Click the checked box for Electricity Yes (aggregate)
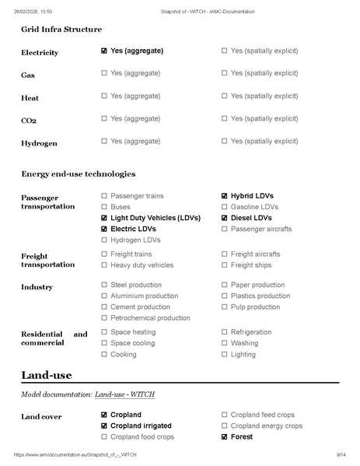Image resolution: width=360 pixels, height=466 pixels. (x=104, y=51)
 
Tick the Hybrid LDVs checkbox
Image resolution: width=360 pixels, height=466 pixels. (x=225, y=196)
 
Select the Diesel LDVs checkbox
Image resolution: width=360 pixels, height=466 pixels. (x=225, y=219)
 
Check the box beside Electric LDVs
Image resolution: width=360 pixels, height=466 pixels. (x=104, y=229)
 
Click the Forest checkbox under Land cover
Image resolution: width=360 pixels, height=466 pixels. (x=225, y=437)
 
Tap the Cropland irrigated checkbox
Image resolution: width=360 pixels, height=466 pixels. (x=104, y=426)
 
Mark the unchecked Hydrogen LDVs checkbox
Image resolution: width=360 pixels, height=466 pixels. (x=104, y=240)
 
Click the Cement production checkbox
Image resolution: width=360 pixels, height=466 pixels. (x=104, y=307)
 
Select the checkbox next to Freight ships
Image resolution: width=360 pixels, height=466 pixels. (x=225, y=265)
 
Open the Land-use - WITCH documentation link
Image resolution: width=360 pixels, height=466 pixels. (x=124, y=394)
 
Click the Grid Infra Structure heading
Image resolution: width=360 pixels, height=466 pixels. (x=61, y=30)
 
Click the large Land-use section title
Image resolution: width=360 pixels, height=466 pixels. (x=47, y=375)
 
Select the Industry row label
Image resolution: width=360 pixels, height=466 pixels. (x=37, y=287)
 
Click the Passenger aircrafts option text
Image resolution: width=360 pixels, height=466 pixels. (x=261, y=229)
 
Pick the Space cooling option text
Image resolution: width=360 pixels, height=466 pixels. (x=132, y=343)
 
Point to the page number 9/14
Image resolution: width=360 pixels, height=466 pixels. (x=341, y=454)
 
